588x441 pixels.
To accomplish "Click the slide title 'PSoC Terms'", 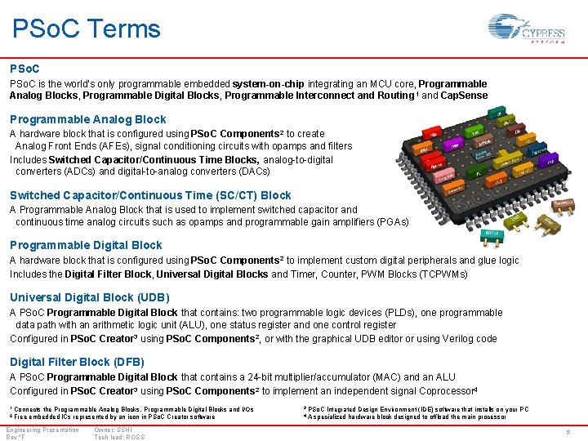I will tap(87, 29).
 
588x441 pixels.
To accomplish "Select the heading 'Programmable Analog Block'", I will tap(87, 119).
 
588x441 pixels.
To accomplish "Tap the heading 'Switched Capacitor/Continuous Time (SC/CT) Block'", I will tap(150, 195).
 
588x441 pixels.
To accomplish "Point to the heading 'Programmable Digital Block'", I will tap(86, 245).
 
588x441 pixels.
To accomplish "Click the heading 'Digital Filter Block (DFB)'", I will tap(77, 362).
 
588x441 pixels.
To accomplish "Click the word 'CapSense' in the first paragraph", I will tap(465, 96).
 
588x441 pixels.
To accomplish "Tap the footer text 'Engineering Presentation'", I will tap(42, 430).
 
